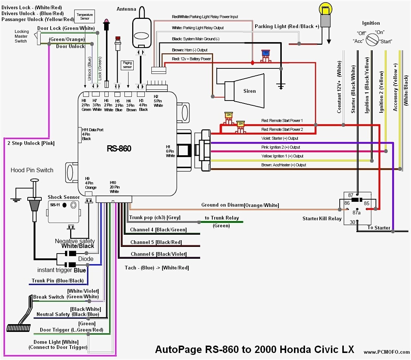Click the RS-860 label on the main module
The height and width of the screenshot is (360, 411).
[x=119, y=149]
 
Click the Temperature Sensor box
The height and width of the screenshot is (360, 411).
[x=85, y=16]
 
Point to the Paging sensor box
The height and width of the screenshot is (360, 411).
[x=127, y=65]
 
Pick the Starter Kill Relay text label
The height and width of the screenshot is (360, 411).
[x=322, y=218]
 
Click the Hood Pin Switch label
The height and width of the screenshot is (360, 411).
[x=32, y=170]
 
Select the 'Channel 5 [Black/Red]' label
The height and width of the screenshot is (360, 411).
[x=156, y=242]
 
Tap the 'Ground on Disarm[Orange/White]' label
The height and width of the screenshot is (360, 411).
[x=240, y=205]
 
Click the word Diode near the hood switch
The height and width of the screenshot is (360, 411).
[x=86, y=259]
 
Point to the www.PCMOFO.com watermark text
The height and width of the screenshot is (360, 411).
[x=386, y=352]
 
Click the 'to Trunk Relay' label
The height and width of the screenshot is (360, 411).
[x=222, y=218]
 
